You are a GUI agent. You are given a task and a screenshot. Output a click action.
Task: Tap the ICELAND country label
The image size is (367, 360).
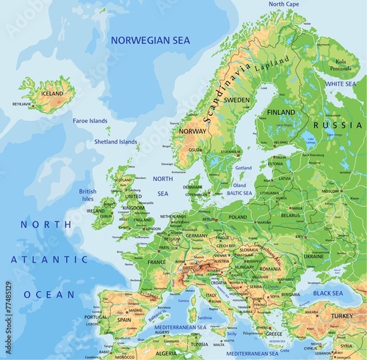pos(52,93)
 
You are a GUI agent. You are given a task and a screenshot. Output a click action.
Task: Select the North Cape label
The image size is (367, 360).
pos(284,4)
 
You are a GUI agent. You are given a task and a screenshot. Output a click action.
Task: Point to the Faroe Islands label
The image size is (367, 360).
pos(90,120)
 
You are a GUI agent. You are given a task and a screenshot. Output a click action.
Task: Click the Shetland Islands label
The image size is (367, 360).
pos(115,142)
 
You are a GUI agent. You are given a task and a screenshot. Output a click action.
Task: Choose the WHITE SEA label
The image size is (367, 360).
pos(340,84)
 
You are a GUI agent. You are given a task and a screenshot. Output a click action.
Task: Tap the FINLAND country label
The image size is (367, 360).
pos(281,112)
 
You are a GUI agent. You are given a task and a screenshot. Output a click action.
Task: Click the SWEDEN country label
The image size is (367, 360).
pos(236,99)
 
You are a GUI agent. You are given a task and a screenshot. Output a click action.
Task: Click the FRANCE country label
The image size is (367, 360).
pos(156,262)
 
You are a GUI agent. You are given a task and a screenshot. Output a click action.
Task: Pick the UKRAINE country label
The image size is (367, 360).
pos(313,257)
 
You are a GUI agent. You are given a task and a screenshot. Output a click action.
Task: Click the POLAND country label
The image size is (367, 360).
pos(238,217)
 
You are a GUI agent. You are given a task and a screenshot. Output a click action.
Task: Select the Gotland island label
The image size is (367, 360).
pos(242,168)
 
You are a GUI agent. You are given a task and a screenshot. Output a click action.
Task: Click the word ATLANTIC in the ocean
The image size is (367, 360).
pos(49,259)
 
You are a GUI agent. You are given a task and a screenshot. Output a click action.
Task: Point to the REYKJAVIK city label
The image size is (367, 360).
pos(22,104)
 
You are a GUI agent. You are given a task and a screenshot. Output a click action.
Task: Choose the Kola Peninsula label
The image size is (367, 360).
pos(341,66)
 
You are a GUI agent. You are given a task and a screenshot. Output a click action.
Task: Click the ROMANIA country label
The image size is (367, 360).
pos(270,269)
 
